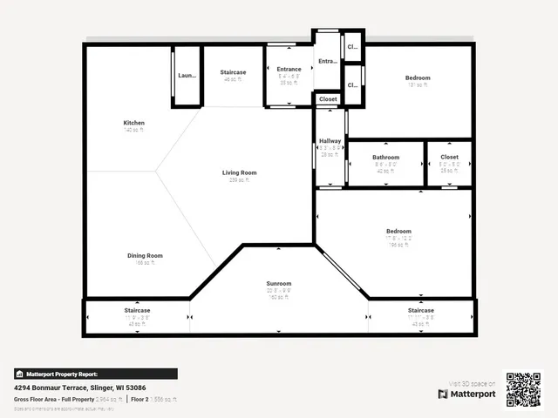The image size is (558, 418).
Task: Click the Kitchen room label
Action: pos(133,123)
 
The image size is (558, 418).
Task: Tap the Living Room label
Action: pos(239,172)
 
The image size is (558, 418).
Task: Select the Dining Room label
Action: pos(145,255)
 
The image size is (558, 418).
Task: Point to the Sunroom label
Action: pos(279,283)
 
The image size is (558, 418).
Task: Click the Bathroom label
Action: pos(385,157)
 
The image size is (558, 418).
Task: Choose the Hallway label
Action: pos(330,140)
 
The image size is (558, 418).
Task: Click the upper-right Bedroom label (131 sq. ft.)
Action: pos(418,78)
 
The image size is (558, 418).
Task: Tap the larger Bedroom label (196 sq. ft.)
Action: pos(398,231)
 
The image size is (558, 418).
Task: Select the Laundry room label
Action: pos(187,76)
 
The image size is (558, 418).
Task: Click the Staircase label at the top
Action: pos(233,72)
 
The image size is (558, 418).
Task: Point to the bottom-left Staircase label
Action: pos(137,310)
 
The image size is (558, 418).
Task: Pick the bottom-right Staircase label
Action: pos(421,310)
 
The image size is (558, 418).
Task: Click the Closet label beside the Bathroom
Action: pos(449,157)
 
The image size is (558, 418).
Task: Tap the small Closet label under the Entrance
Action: pos(328,99)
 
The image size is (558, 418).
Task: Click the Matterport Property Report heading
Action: pos(68,374)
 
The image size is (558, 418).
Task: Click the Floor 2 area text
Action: pos(154,398)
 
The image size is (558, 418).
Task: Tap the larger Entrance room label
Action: pos(289,70)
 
